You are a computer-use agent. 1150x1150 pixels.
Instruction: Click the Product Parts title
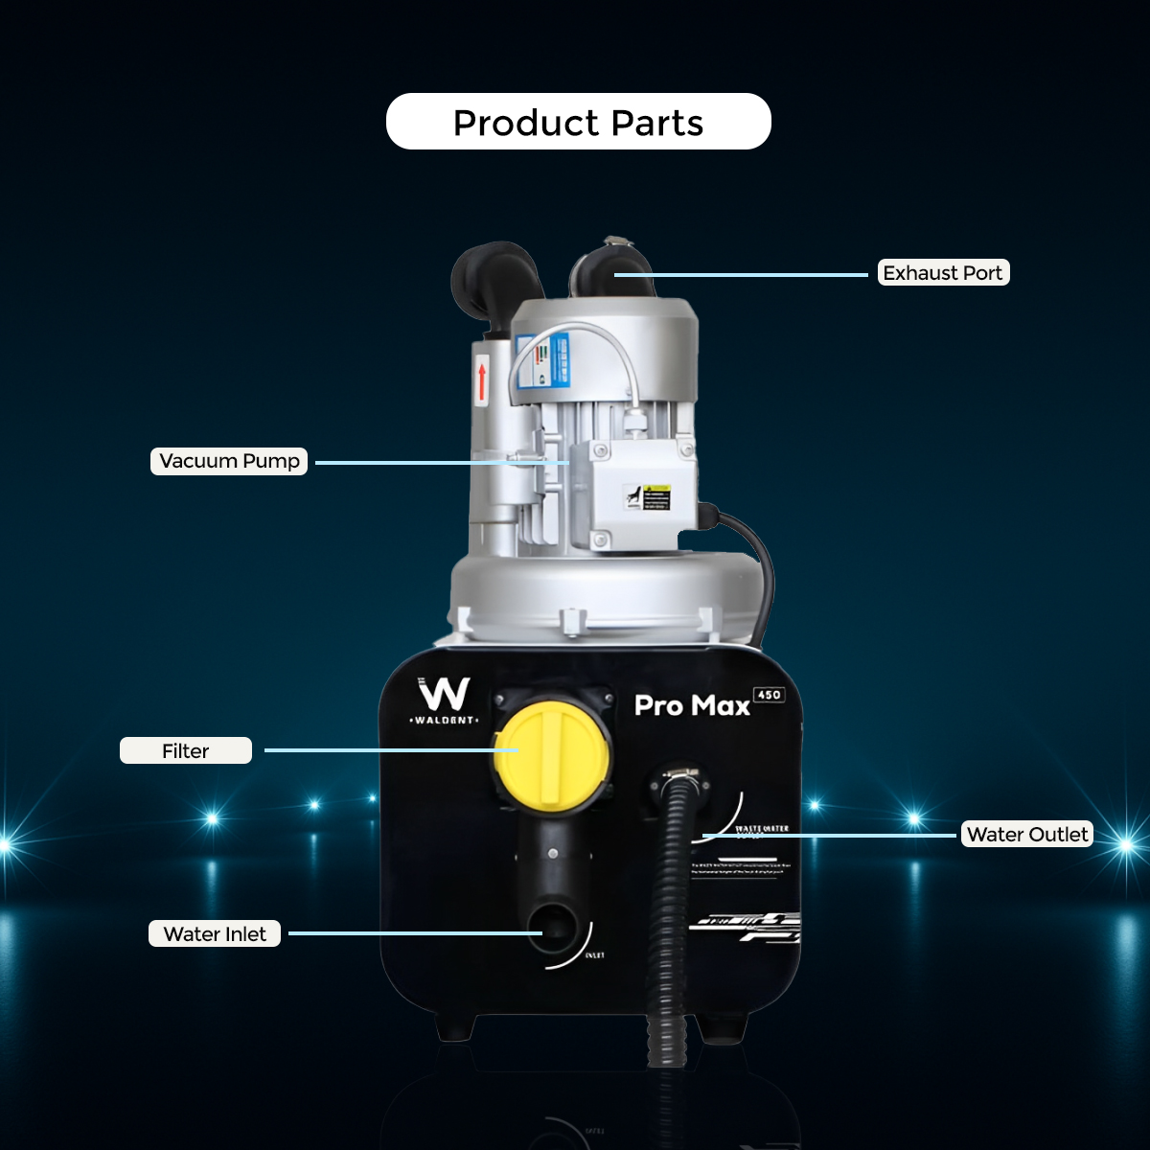[578, 122]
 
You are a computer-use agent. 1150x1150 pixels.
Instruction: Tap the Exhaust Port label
[943, 273]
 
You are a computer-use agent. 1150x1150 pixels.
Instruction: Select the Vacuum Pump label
[229, 461]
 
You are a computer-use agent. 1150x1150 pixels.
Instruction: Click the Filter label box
[186, 750]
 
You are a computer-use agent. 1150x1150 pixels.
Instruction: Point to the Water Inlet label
[215, 933]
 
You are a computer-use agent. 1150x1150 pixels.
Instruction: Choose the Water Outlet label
[1027, 834]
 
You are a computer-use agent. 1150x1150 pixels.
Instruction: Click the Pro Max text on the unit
[692, 706]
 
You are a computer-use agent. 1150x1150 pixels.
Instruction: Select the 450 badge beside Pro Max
[769, 695]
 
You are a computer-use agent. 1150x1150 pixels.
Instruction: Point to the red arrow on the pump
[482, 379]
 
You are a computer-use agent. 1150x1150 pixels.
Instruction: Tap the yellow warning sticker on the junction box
[655, 496]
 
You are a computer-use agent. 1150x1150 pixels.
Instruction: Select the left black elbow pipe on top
[493, 278]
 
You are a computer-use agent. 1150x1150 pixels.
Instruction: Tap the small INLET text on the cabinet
[594, 955]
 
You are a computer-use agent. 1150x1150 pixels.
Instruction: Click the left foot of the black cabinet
[454, 1028]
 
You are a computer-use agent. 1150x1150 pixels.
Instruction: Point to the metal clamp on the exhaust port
[611, 244]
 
